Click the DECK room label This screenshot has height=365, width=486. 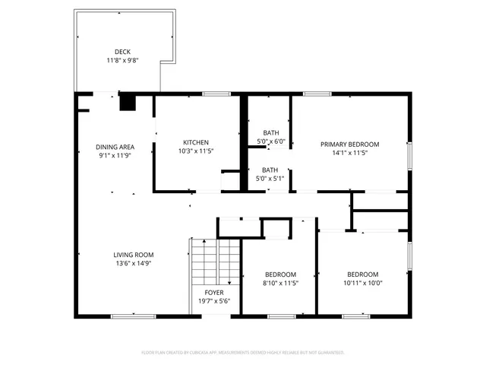click(122, 52)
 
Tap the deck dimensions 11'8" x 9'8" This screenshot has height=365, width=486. click(122, 60)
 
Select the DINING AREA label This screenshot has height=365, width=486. click(115, 147)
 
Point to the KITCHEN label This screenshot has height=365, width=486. click(196, 142)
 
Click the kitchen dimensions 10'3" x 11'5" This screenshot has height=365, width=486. click(196, 151)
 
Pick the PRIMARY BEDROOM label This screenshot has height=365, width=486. click(349, 144)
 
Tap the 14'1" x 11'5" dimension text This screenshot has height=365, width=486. click(349, 152)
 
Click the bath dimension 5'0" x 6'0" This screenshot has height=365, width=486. click(270, 141)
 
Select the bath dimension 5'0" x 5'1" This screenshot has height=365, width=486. click(270, 179)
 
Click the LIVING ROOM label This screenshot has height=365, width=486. click(134, 255)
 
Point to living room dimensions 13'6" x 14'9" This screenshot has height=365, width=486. click(134, 264)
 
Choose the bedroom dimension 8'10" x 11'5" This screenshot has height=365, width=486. click(280, 283)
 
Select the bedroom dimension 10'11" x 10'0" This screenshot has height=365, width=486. click(363, 283)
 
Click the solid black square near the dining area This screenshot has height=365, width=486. click(128, 103)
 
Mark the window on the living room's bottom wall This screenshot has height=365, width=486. click(134, 315)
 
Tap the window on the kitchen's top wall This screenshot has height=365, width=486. click(216, 94)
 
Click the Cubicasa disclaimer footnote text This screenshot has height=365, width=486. click(243, 352)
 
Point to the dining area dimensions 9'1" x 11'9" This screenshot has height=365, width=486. click(115, 155)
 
